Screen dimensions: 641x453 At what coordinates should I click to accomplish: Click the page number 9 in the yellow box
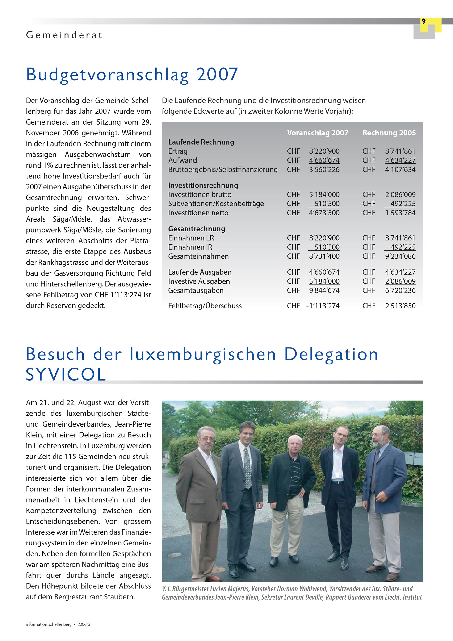424,21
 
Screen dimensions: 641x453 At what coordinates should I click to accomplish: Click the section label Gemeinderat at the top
64,35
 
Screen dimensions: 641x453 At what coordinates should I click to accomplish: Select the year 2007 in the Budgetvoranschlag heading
217,75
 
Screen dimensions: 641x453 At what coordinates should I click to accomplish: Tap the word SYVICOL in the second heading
66,374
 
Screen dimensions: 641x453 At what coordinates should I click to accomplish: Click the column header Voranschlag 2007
318,133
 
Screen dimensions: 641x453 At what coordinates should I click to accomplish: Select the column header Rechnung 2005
389,133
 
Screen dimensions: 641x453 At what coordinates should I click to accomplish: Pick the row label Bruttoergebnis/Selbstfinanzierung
223,169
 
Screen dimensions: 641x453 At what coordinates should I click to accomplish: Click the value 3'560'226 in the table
324,169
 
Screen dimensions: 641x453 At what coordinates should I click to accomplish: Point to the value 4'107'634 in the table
400,169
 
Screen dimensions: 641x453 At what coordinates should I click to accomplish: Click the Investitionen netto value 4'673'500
324,213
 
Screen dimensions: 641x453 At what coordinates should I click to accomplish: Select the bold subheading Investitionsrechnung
203,185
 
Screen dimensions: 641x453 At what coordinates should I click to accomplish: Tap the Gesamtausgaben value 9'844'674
324,290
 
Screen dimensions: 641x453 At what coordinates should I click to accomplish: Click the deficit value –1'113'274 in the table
323,306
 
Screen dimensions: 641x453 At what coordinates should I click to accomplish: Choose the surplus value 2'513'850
400,306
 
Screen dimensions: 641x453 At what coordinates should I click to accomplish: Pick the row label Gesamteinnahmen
198,256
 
